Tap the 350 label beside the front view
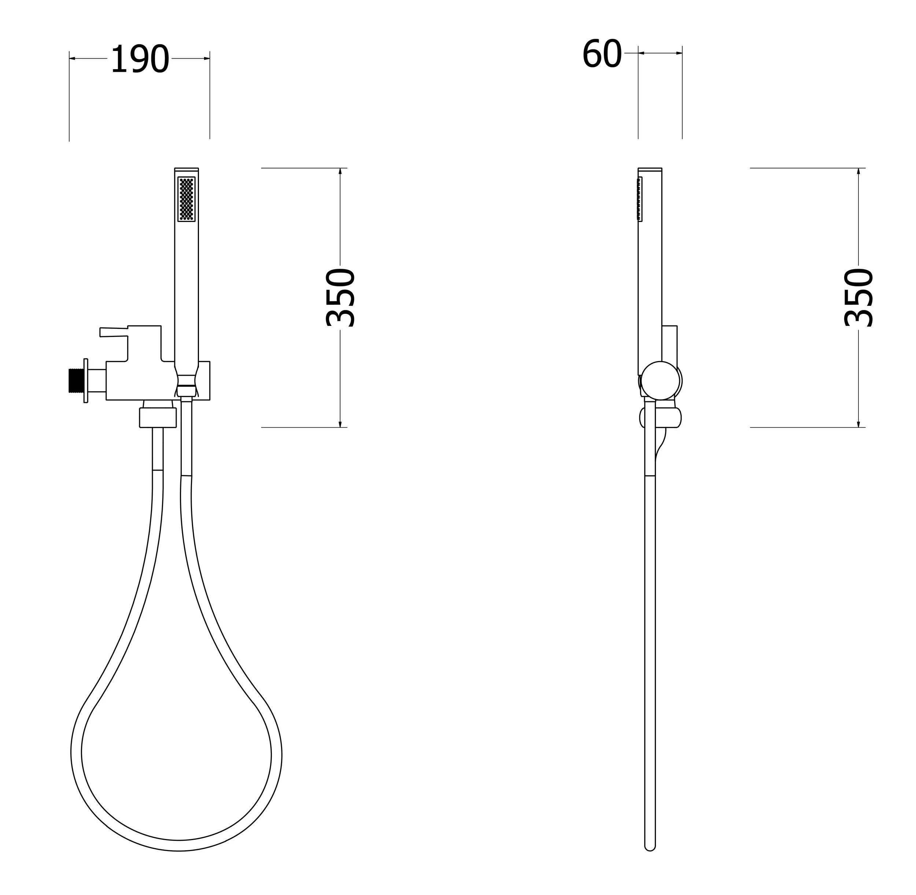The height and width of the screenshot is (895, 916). (340, 297)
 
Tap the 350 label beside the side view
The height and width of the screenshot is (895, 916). (858, 297)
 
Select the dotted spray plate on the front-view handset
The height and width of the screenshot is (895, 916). (186, 199)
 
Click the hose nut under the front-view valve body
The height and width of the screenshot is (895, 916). (158, 417)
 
